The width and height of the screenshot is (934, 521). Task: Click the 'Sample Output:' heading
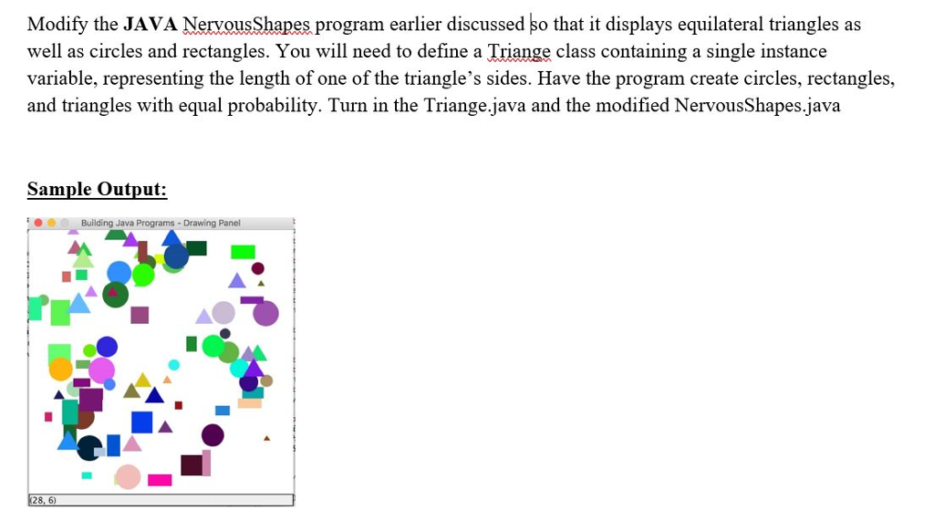tap(97, 189)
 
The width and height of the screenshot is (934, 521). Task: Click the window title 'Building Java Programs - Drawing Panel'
tap(160, 224)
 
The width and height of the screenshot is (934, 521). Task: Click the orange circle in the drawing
tap(60, 369)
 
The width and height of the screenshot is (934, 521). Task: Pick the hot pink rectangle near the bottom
tap(160, 480)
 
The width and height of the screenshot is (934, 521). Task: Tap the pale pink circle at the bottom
tap(128, 476)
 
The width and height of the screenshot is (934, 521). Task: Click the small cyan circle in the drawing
tap(174, 365)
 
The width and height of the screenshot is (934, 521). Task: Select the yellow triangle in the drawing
tap(143, 380)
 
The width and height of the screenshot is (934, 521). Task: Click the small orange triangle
tap(167, 380)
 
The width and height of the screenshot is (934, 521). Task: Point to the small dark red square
tap(179, 405)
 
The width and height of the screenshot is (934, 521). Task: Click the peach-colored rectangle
tap(250, 403)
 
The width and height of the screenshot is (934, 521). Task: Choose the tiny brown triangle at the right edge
tap(267, 439)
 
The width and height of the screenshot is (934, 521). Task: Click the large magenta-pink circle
tap(101, 370)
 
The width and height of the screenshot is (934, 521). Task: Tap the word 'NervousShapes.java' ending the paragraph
tap(757, 106)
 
